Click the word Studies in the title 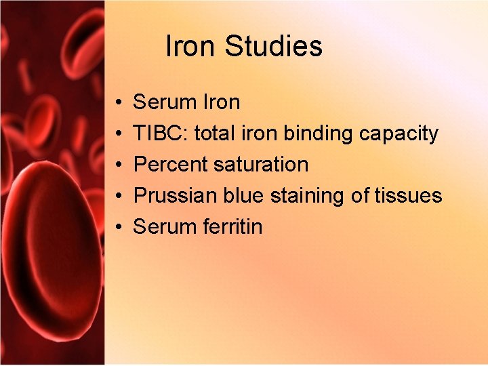tap(274, 47)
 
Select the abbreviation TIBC tap(161, 134)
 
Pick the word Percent tap(170, 165)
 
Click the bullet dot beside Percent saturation tap(118, 165)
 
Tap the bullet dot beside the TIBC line tap(118, 134)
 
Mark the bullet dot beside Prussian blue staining tap(118, 197)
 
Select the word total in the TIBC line tap(216, 134)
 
